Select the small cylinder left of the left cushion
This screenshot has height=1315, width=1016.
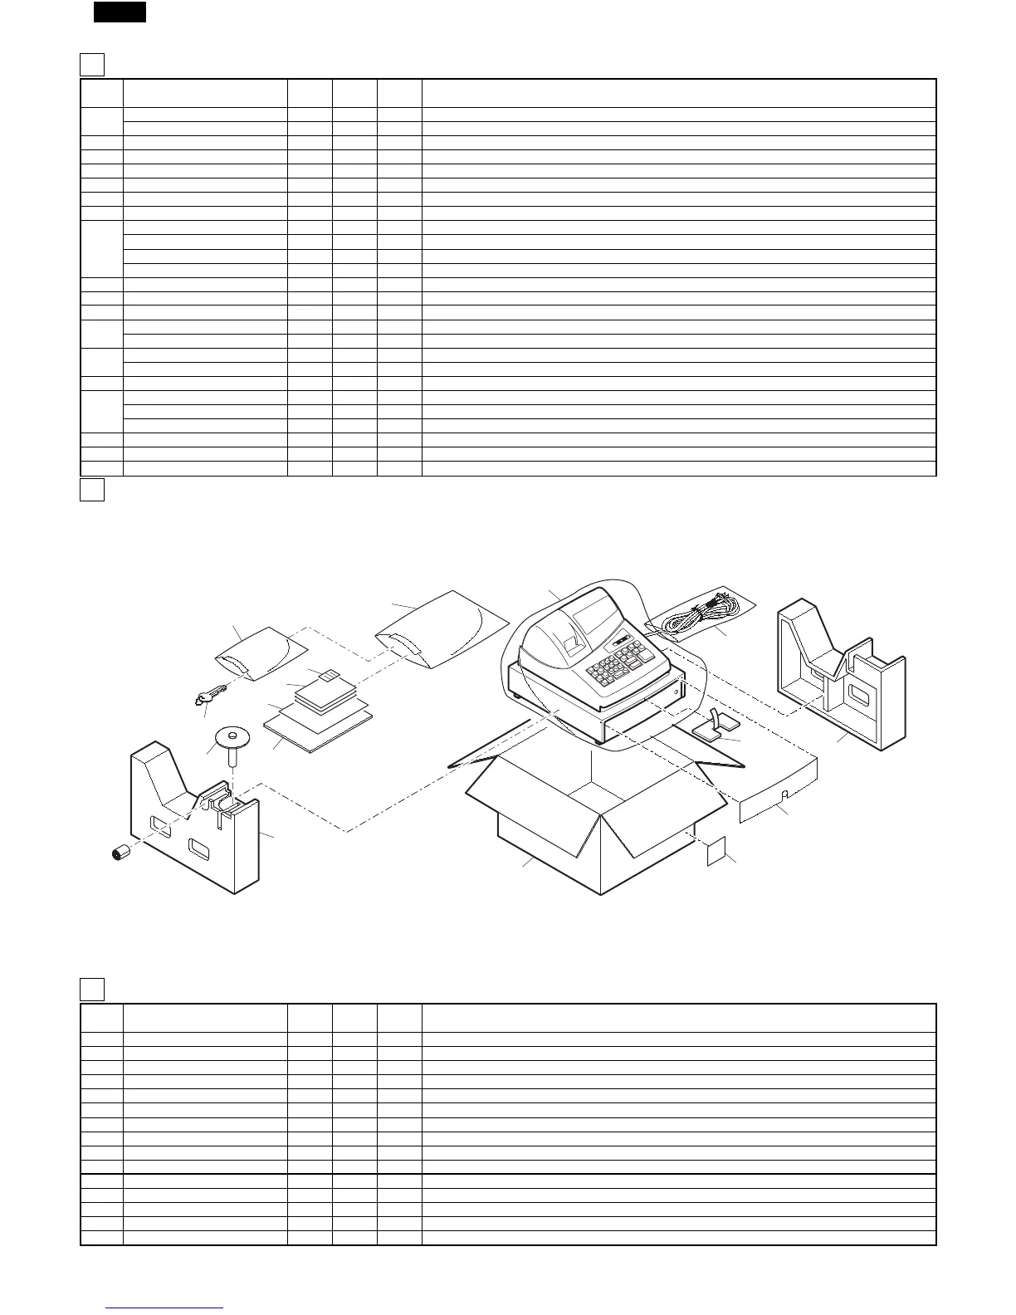pos(122,853)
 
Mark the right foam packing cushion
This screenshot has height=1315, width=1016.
pos(838,677)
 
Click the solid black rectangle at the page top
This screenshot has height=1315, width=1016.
pos(120,12)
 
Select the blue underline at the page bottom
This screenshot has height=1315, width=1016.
pos(165,1308)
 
